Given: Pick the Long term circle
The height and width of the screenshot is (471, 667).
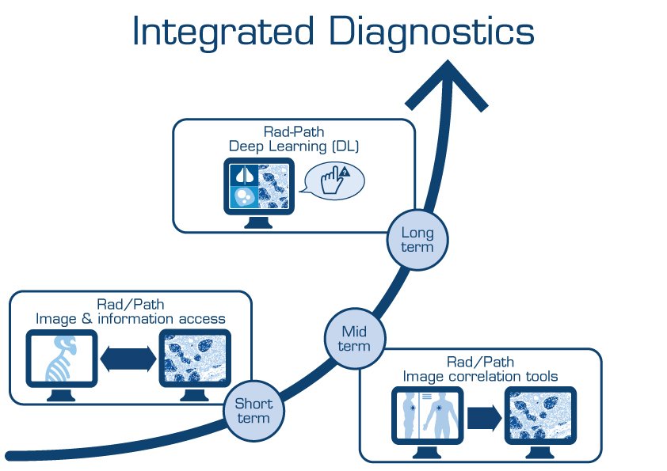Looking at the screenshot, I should pos(417,240).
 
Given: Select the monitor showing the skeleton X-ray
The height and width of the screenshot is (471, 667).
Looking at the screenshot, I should pos(61,360).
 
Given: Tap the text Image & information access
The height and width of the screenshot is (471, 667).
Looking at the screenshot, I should pos(130,318).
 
